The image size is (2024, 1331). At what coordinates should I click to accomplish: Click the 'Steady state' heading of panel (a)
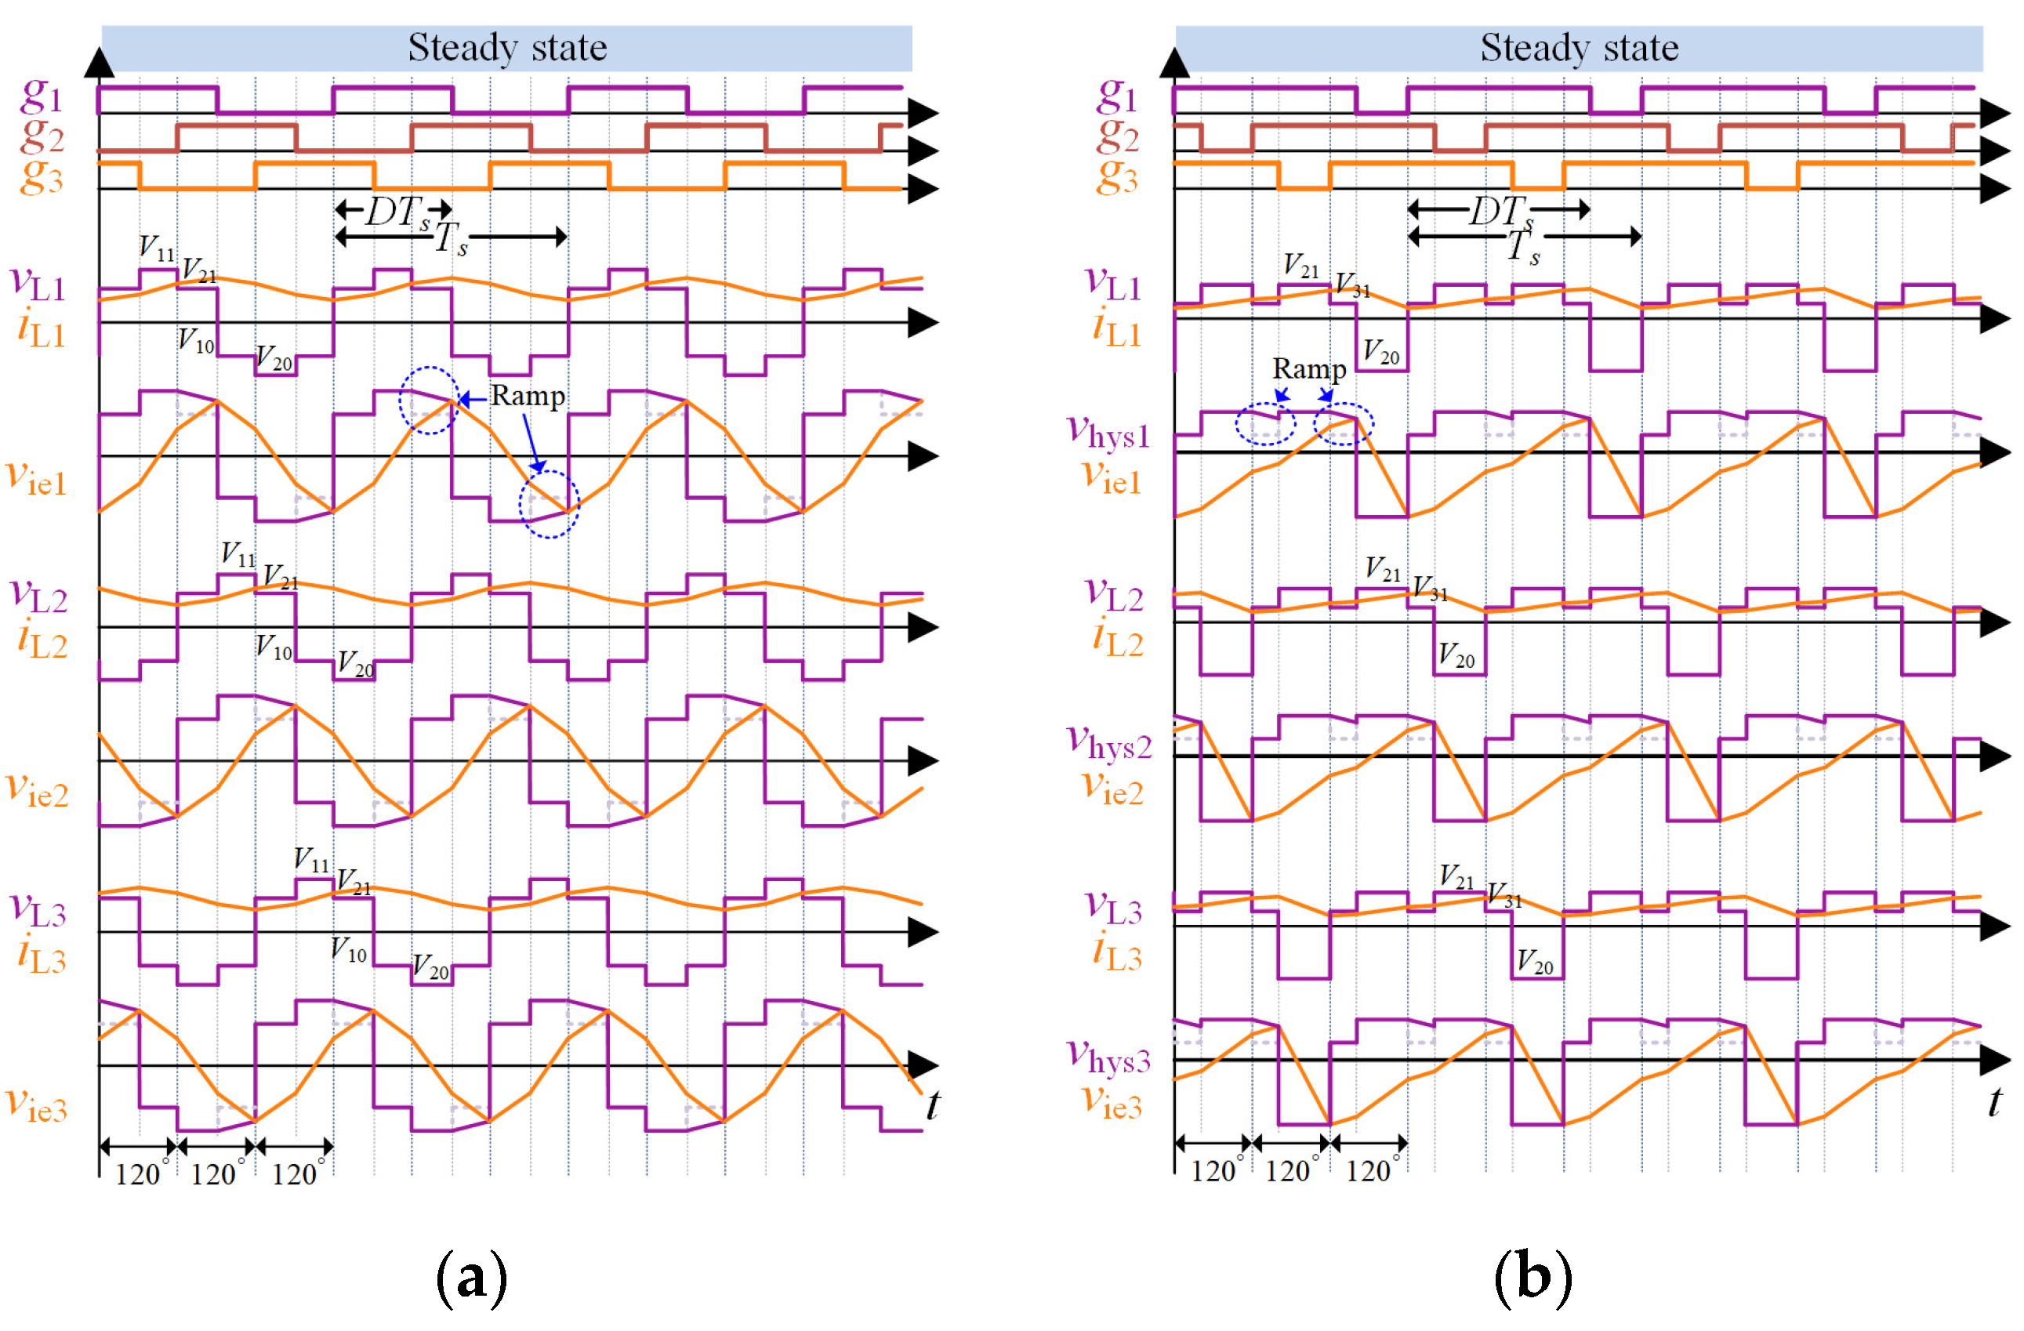pyautogui.click(x=508, y=48)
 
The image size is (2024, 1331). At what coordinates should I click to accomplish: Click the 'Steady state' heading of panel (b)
pyautogui.click(x=1580, y=48)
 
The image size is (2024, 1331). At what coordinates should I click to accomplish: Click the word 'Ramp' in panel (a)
pyautogui.click(x=528, y=397)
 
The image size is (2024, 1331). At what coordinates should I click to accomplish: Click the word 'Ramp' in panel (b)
pyautogui.click(x=1309, y=369)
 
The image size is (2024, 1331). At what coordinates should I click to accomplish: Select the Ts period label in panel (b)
pyautogui.click(x=1522, y=248)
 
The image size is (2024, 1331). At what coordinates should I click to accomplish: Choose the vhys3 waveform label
pyautogui.click(x=1108, y=1057)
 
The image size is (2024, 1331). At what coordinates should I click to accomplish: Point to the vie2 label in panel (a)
pyautogui.click(x=37, y=789)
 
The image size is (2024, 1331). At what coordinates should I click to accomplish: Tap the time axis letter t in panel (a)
pyautogui.click(x=933, y=1104)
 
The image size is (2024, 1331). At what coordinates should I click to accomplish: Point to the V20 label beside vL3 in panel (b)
pyautogui.click(x=1534, y=962)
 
